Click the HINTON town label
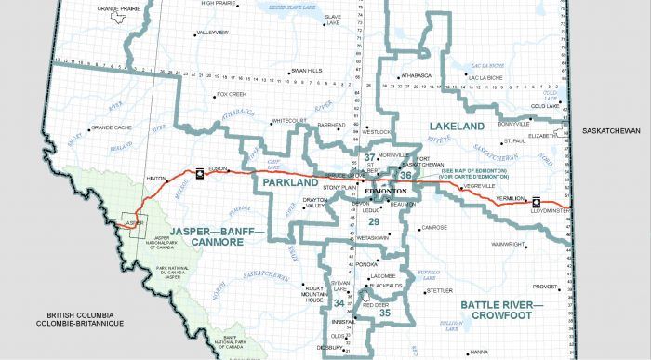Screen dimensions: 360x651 156,178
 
